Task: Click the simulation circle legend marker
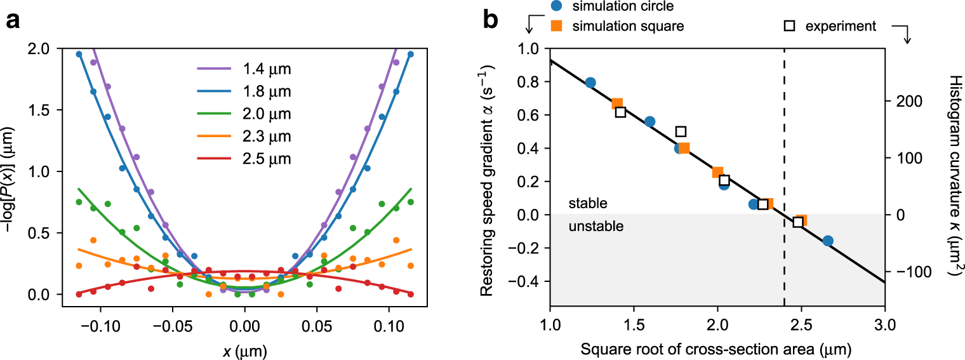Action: tap(556, 7)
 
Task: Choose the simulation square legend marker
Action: tap(556, 26)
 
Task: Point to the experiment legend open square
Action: tap(790, 26)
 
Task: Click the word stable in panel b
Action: tap(588, 204)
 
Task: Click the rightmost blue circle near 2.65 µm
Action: tap(828, 241)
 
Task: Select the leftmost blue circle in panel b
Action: tap(590, 83)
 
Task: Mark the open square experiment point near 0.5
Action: tap(681, 131)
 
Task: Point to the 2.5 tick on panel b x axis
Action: tap(801, 317)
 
